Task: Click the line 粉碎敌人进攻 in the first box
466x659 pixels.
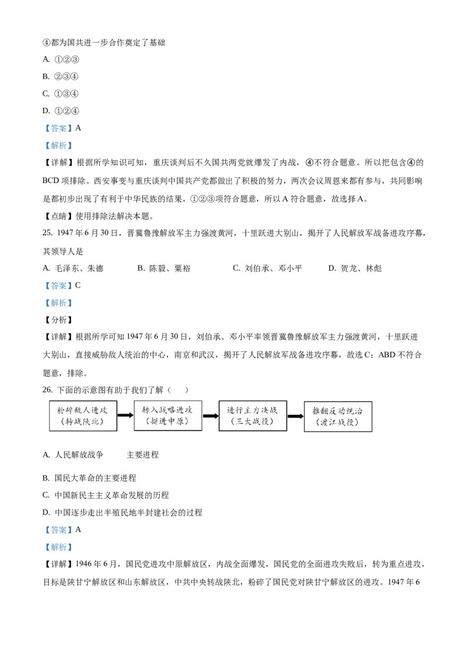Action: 82,410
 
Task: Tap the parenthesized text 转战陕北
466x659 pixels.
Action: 82,422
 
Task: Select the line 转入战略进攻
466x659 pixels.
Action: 167,409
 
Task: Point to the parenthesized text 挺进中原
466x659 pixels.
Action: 167,421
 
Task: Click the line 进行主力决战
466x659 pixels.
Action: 253,410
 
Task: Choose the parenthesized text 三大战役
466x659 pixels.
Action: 252,421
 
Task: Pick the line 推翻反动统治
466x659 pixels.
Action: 337,411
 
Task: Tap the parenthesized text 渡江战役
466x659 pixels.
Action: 337,423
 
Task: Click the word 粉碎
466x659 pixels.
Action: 63,410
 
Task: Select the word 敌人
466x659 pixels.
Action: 82,410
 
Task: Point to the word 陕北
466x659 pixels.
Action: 93,422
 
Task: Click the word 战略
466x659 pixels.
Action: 167,409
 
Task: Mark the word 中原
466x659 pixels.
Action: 178,421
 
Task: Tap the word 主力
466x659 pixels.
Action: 253,410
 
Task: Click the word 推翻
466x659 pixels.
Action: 318,411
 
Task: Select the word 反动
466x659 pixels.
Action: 337,411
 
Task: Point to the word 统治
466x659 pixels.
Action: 356,411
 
